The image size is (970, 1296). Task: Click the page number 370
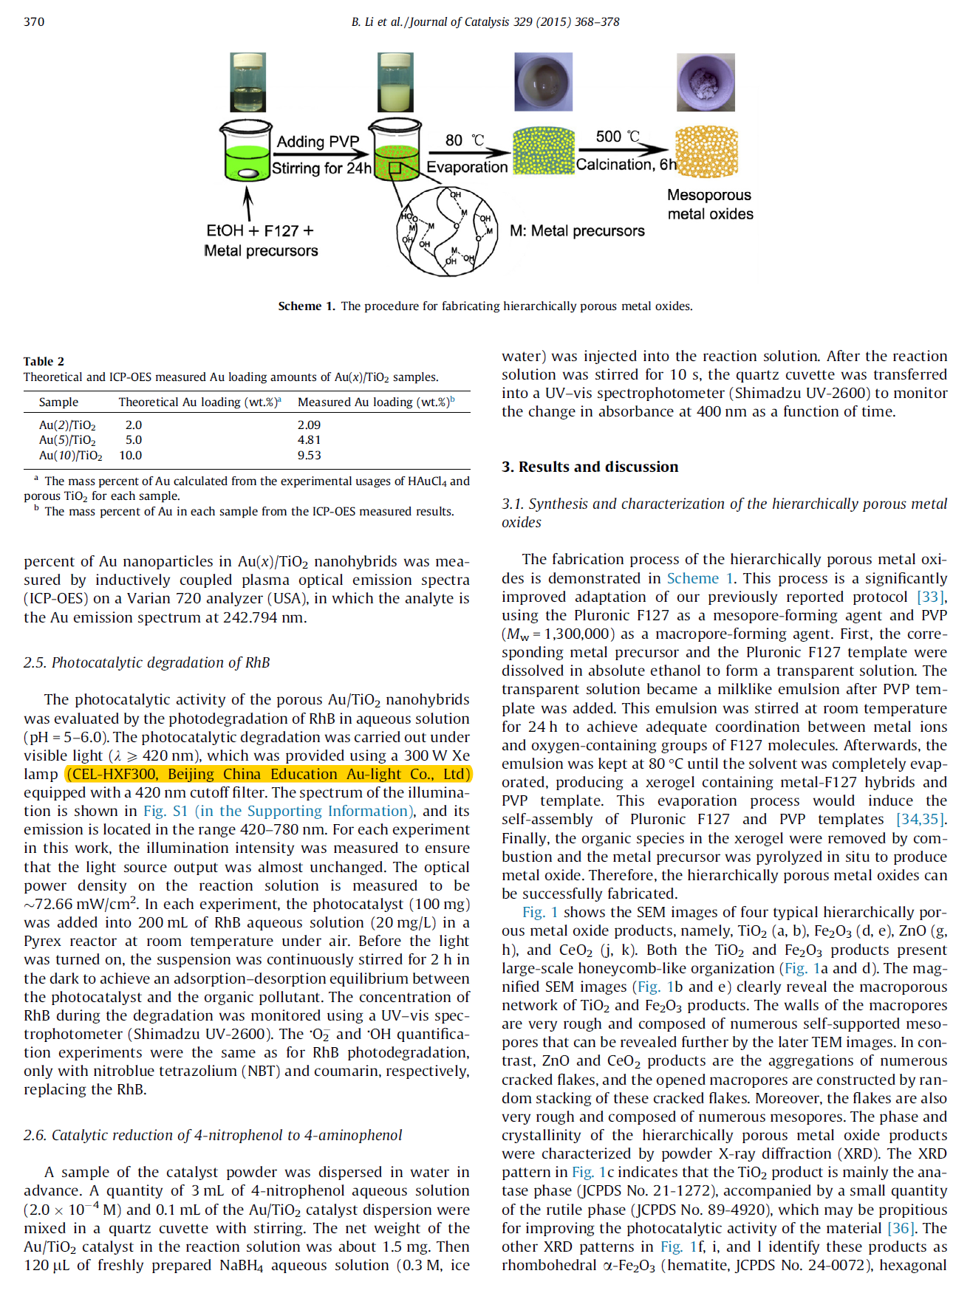click(x=34, y=21)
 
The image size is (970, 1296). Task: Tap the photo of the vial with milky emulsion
click(x=395, y=82)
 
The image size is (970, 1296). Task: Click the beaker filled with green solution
click(x=246, y=152)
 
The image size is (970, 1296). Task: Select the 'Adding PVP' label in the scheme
click(x=318, y=141)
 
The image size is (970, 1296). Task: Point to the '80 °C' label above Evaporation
click(x=465, y=140)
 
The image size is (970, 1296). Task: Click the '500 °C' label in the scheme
click(x=618, y=136)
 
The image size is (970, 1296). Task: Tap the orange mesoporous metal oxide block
click(x=707, y=152)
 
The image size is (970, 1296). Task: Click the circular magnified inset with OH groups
click(x=447, y=231)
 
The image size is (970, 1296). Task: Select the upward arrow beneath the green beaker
click(x=248, y=202)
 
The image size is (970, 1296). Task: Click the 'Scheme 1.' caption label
click(x=306, y=306)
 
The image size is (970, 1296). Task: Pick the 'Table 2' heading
click(x=44, y=361)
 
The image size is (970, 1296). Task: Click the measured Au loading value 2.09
click(x=309, y=425)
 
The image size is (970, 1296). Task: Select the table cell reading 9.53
click(x=309, y=455)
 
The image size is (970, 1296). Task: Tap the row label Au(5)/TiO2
click(x=67, y=440)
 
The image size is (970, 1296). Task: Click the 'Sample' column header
click(x=58, y=402)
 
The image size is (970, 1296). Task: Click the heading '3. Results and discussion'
click(x=590, y=467)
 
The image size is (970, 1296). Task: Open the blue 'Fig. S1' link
click(x=165, y=811)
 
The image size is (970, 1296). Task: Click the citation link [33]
click(x=930, y=597)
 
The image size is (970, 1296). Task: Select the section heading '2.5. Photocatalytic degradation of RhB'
click(x=146, y=662)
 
